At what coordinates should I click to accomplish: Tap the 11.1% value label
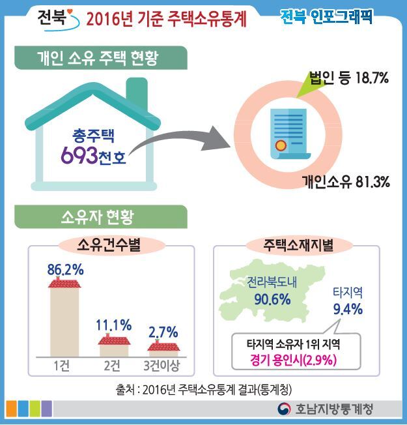(x=114, y=324)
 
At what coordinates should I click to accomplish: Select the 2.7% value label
(x=163, y=332)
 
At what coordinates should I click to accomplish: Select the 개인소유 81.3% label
(x=345, y=182)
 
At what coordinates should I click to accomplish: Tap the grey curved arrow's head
(x=222, y=138)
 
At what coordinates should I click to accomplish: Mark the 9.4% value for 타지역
(x=347, y=308)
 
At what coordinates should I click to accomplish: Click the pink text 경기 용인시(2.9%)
(x=297, y=359)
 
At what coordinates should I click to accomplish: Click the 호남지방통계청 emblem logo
(x=283, y=409)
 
